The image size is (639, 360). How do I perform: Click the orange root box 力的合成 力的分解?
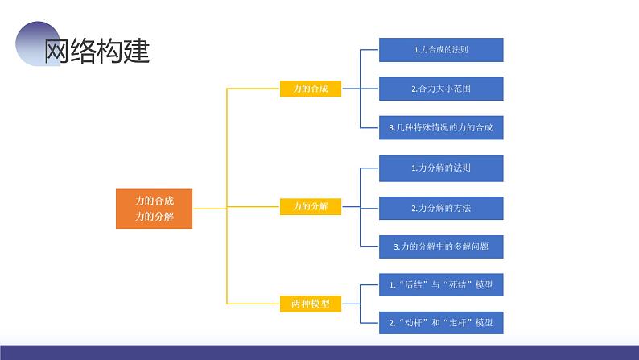[x=154, y=209]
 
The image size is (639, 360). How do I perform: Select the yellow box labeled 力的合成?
[x=311, y=89]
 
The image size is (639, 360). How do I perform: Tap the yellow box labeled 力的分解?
[x=311, y=206]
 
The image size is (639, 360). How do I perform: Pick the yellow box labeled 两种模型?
[x=311, y=304]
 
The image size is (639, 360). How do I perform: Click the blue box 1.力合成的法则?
[x=441, y=50]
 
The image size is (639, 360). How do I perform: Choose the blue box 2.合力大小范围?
[x=441, y=89]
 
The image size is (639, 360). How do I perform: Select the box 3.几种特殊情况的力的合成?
[x=441, y=127]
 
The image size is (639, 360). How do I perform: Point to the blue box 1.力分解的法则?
[x=441, y=168]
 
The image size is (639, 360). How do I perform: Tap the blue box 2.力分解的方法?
[x=441, y=208]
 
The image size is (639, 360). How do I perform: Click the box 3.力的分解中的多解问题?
[x=441, y=246]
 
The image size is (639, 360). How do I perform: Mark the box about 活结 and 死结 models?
[x=441, y=284]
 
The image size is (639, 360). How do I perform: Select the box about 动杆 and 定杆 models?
[x=441, y=323]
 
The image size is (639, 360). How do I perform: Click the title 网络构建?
[x=97, y=51]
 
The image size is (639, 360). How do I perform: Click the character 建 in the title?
[x=137, y=51]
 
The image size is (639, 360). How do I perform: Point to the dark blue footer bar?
[x=319, y=353]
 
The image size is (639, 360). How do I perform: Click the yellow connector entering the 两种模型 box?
[x=253, y=304]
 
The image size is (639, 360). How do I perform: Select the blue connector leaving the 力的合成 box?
[x=350, y=89]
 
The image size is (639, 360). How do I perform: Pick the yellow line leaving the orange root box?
[x=209, y=209]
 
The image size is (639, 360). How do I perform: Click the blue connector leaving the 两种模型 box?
[x=350, y=304]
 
